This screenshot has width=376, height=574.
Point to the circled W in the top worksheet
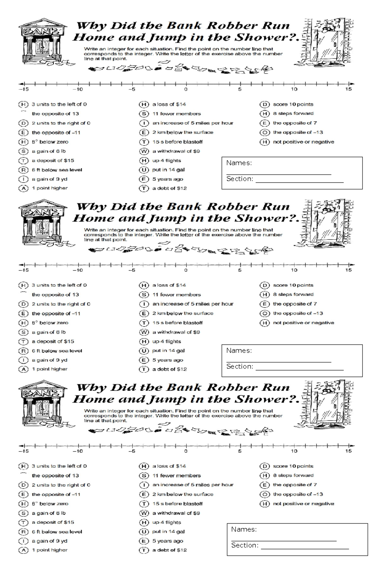pyautogui.click(x=144, y=151)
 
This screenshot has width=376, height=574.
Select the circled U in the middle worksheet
pyautogui.click(x=144, y=351)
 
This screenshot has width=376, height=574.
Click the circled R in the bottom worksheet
pyautogui.click(x=23, y=532)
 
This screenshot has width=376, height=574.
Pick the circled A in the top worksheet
pyautogui.click(x=23, y=188)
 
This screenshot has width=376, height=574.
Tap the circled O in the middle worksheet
pyautogui.click(x=265, y=313)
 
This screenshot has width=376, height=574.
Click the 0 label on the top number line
pyautogui.click(x=186, y=89)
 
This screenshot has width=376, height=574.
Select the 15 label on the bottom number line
pyautogui.click(x=348, y=451)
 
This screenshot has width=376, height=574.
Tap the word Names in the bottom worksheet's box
pyautogui.click(x=243, y=529)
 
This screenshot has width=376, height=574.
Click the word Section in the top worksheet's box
pyautogui.click(x=239, y=179)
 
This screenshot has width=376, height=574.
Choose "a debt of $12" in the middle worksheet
pyautogui.click(x=170, y=369)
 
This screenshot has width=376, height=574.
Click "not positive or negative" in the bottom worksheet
pyautogui.click(x=303, y=504)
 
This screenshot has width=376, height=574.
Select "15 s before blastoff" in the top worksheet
pyautogui.click(x=177, y=142)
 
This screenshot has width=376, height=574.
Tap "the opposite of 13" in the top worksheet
pyautogui.click(x=55, y=114)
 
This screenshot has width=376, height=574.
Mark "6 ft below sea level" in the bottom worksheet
pyautogui.click(x=57, y=532)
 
